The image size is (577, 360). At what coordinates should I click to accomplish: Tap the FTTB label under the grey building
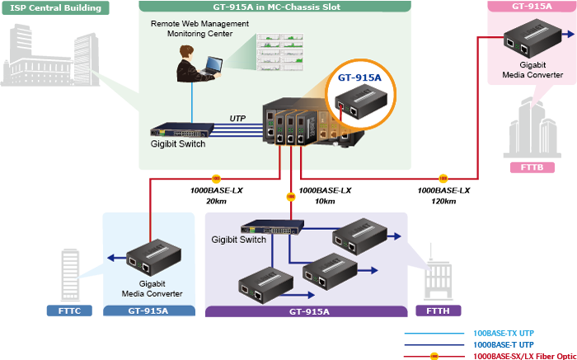[x=531, y=167]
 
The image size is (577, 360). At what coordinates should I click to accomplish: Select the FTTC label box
[x=70, y=311]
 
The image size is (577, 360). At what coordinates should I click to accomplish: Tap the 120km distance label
[x=443, y=201]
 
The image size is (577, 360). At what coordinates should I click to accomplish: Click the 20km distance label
[x=216, y=201]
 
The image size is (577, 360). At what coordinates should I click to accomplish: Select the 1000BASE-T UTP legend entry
[x=504, y=344]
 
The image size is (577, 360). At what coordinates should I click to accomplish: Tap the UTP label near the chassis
[x=239, y=118]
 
